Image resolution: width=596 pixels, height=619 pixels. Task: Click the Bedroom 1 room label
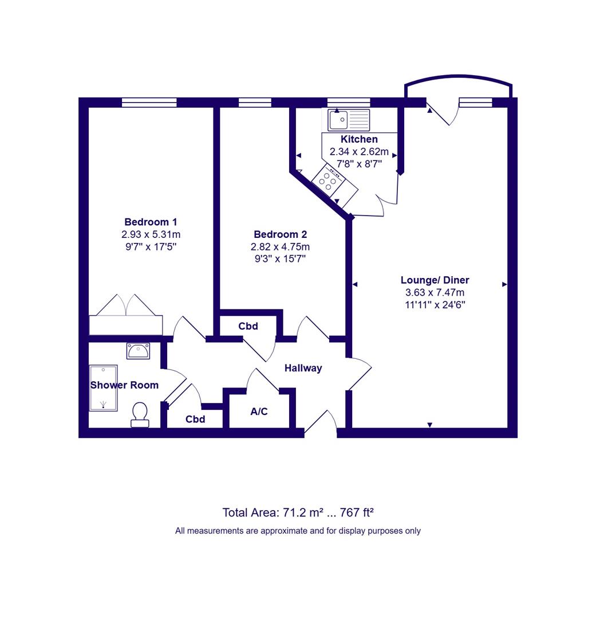(x=151, y=222)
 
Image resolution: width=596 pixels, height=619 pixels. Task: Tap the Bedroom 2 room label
(x=280, y=234)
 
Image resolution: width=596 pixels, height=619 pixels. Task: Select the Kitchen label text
(x=359, y=139)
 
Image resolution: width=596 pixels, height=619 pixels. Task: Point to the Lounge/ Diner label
(x=435, y=280)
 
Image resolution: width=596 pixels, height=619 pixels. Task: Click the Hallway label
(x=303, y=369)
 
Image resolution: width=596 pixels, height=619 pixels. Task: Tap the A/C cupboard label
(x=259, y=412)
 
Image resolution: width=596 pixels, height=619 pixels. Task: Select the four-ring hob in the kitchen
(x=328, y=181)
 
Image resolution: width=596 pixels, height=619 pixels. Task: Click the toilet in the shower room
(x=140, y=414)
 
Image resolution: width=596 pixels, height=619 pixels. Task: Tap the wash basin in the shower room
(x=138, y=351)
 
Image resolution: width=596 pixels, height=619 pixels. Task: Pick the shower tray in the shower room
(x=104, y=388)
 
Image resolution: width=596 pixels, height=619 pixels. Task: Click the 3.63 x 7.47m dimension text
(x=435, y=292)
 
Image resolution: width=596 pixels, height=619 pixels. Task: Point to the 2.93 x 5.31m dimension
(x=151, y=234)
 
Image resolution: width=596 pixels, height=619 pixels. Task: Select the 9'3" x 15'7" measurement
(x=280, y=259)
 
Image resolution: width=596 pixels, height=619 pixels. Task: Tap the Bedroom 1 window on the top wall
(x=149, y=103)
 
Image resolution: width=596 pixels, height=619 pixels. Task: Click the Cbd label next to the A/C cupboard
(x=195, y=419)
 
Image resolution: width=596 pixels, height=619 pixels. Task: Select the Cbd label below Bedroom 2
(x=248, y=326)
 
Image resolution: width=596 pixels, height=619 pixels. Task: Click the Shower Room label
(x=124, y=385)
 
